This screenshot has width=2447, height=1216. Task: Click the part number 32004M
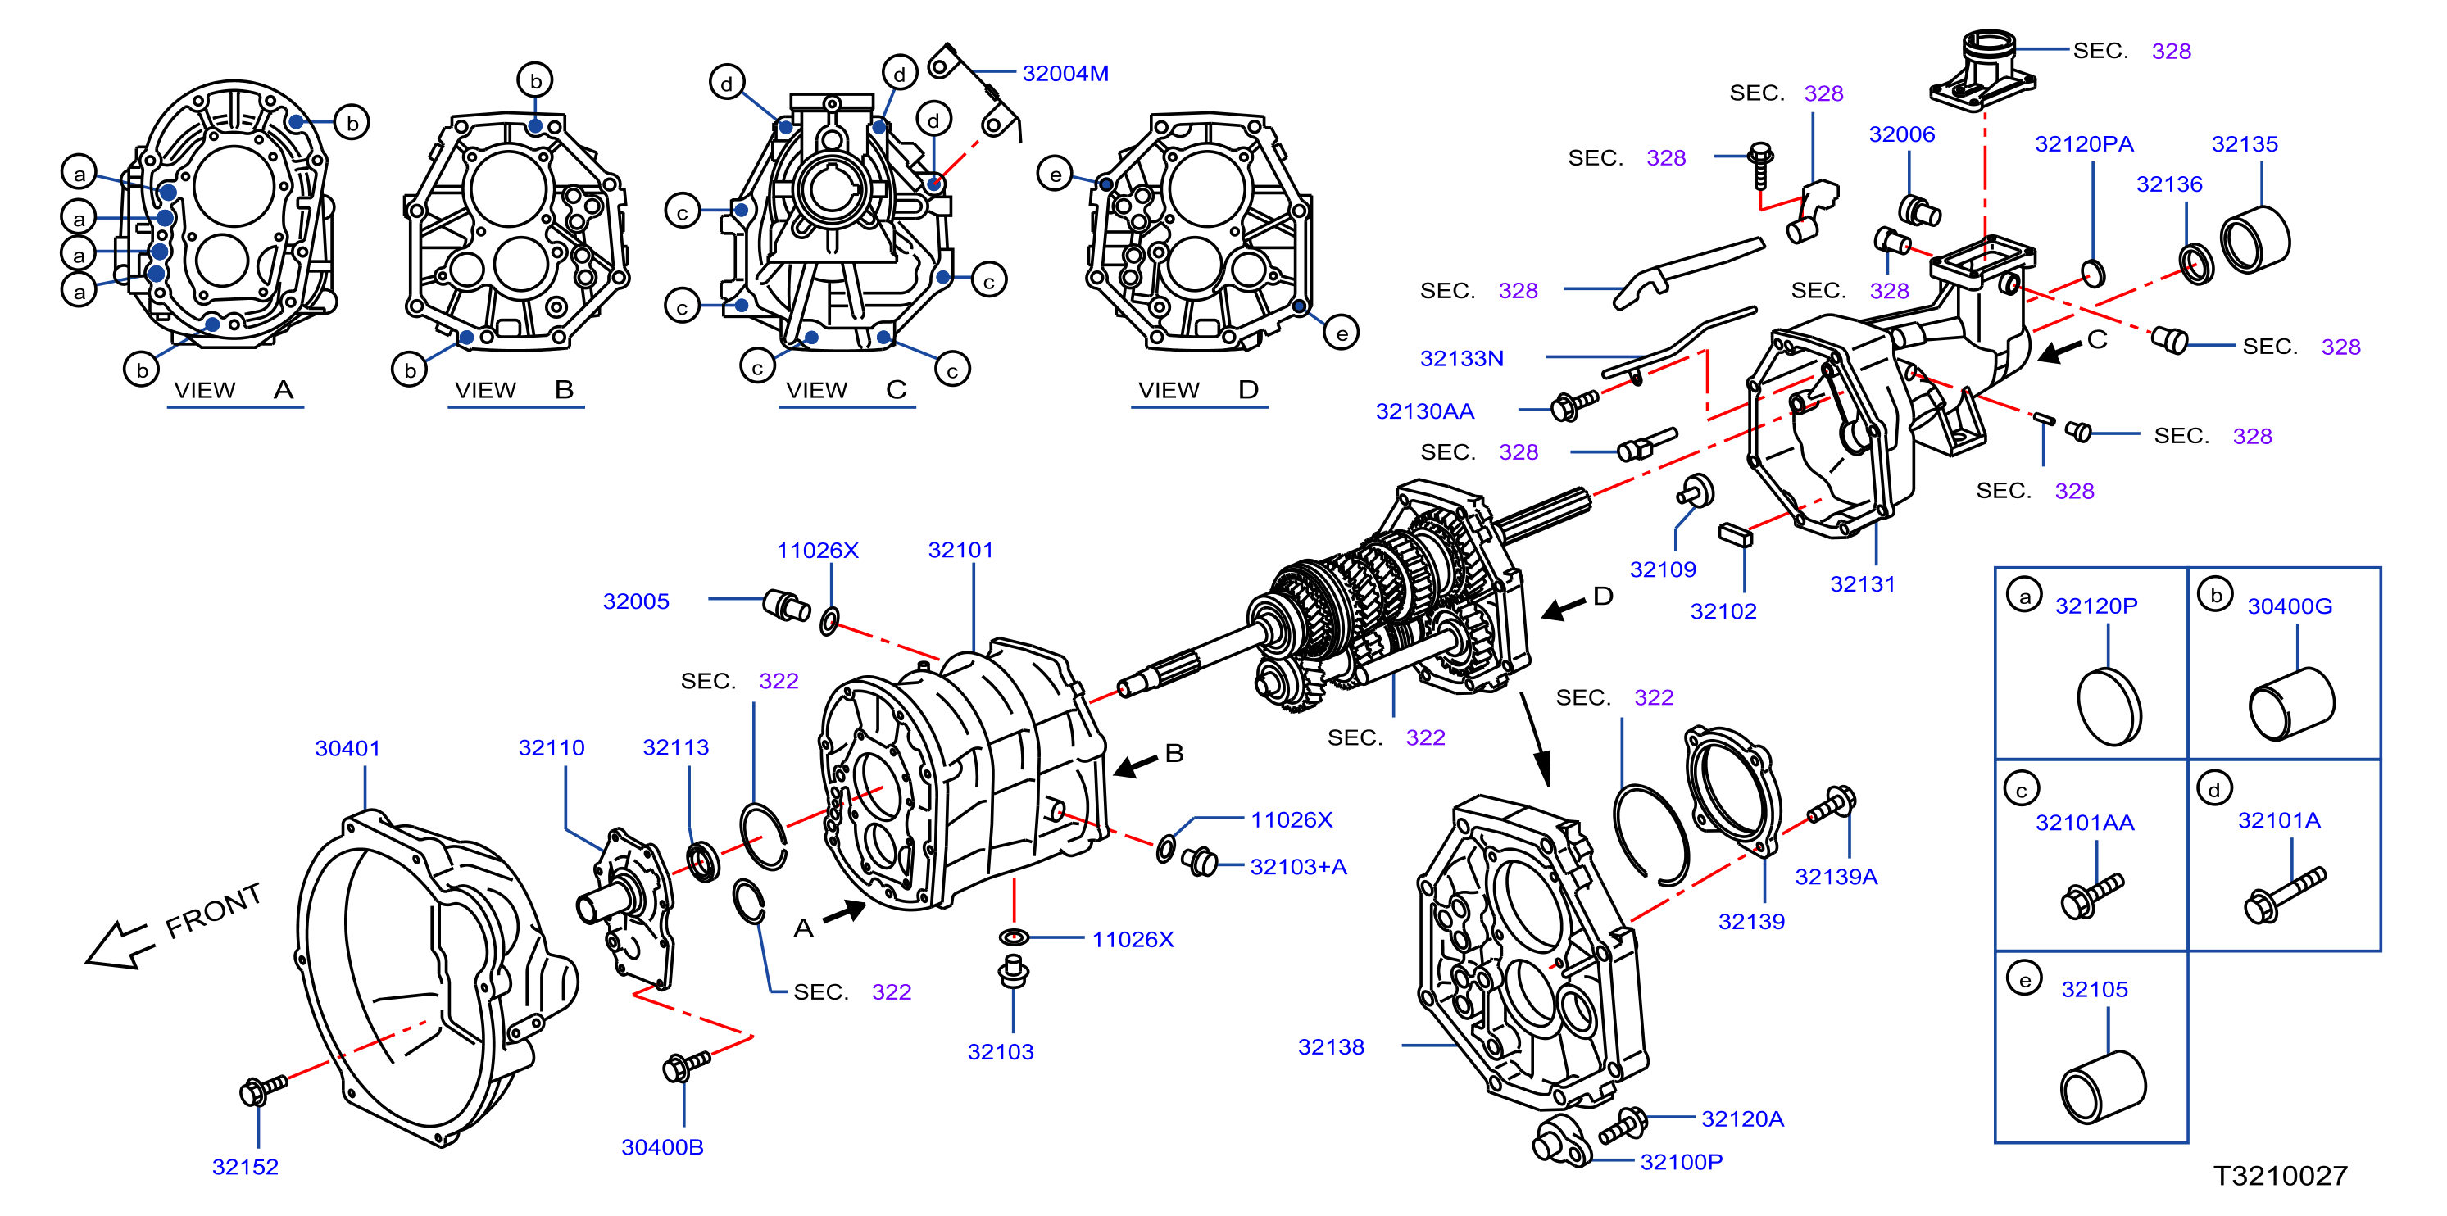[1065, 73]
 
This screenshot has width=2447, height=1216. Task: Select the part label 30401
[347, 749]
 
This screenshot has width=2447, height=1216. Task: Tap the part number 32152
[245, 1167]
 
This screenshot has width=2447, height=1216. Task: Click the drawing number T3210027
[2280, 1176]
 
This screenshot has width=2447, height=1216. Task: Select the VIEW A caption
[234, 391]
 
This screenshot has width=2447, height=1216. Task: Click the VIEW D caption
[1198, 391]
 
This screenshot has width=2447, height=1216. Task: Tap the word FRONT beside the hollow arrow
[214, 910]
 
